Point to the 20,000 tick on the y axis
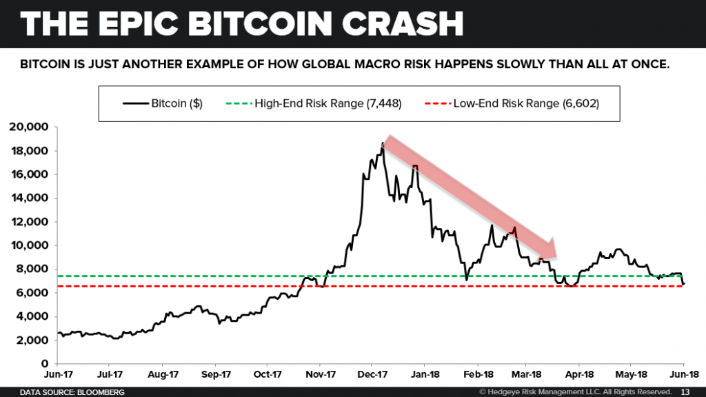point(28,127)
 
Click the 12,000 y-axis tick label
point(28,222)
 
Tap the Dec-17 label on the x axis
point(370,376)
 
